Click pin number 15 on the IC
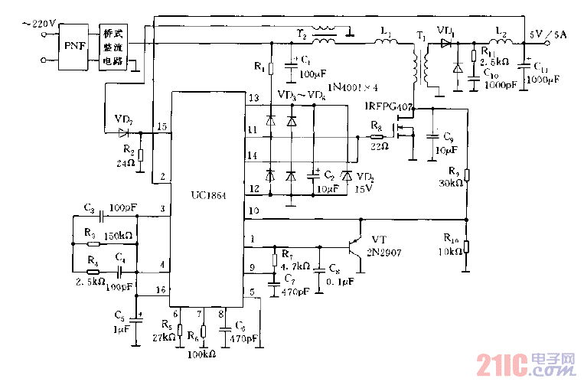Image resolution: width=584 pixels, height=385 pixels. pos(161,126)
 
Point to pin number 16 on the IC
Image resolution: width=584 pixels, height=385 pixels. pos(160,290)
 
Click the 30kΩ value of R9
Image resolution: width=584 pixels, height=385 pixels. pos(452,184)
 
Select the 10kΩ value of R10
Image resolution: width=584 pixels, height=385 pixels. pos(452,253)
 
